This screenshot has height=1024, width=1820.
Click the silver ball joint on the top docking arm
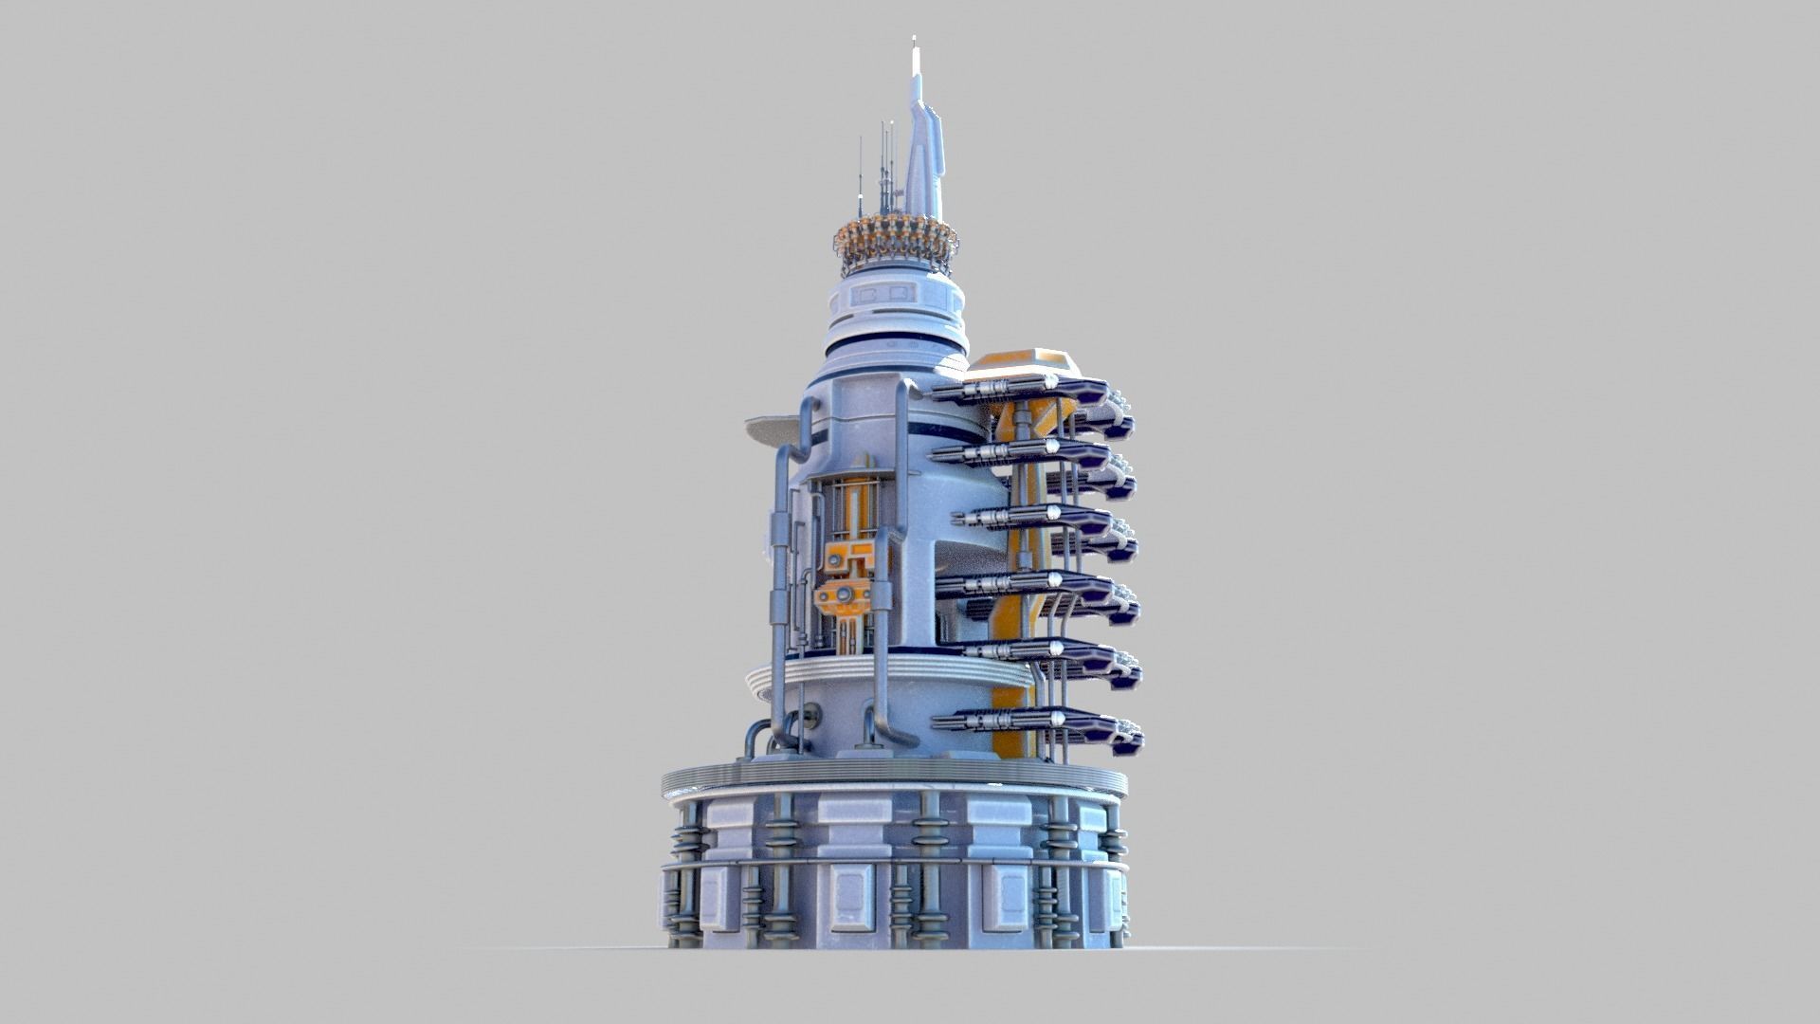[x=1050, y=382]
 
